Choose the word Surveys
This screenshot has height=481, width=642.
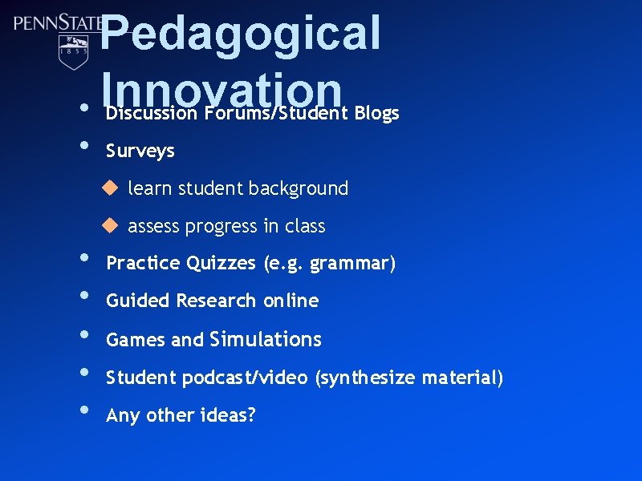click(x=140, y=151)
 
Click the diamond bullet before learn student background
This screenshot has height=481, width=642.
click(x=109, y=188)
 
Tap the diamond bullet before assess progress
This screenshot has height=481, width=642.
click(x=109, y=225)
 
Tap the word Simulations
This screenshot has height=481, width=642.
click(x=266, y=339)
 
